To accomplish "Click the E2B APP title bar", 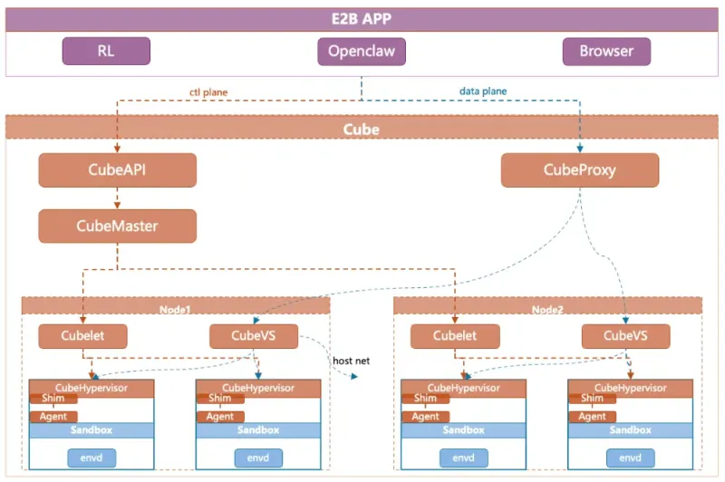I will [x=362, y=19].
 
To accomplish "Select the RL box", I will [x=106, y=52].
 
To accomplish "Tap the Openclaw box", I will [x=362, y=52].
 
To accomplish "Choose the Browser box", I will [x=606, y=52].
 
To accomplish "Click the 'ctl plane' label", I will [x=208, y=91].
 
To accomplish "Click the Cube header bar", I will [x=362, y=128].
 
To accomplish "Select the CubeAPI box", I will [x=117, y=169].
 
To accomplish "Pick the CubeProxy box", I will [x=580, y=169].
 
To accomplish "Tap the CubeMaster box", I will [x=117, y=226].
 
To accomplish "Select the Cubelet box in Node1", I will [x=82, y=336].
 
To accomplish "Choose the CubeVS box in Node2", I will [x=625, y=336].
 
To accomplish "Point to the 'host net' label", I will [x=351, y=361].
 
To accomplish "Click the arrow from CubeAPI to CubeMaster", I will [x=117, y=198].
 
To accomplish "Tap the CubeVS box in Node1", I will [x=254, y=336].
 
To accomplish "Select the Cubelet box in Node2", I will [x=455, y=336].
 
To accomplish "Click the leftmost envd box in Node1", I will [x=92, y=458].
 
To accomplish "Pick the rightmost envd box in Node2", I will [x=630, y=458].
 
